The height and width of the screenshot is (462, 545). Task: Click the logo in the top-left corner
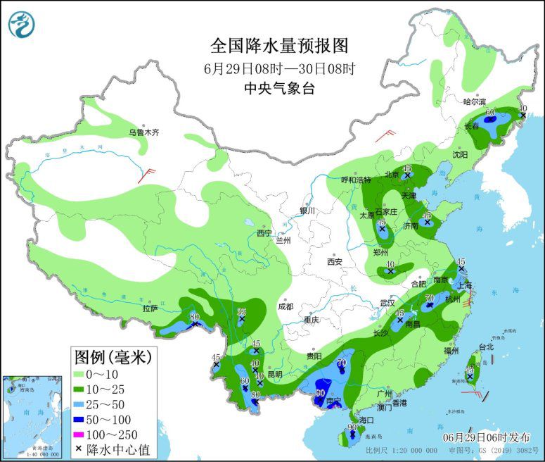(22, 23)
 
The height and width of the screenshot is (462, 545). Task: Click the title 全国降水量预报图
(279, 46)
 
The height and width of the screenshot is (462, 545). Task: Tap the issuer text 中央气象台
(279, 88)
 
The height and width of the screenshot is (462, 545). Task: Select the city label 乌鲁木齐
(143, 132)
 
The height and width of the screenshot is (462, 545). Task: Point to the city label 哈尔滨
(475, 101)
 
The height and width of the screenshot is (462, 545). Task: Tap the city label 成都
(284, 306)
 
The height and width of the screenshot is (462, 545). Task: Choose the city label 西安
(333, 262)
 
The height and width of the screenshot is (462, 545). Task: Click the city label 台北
(486, 346)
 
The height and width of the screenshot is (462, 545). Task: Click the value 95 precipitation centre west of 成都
(242, 312)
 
